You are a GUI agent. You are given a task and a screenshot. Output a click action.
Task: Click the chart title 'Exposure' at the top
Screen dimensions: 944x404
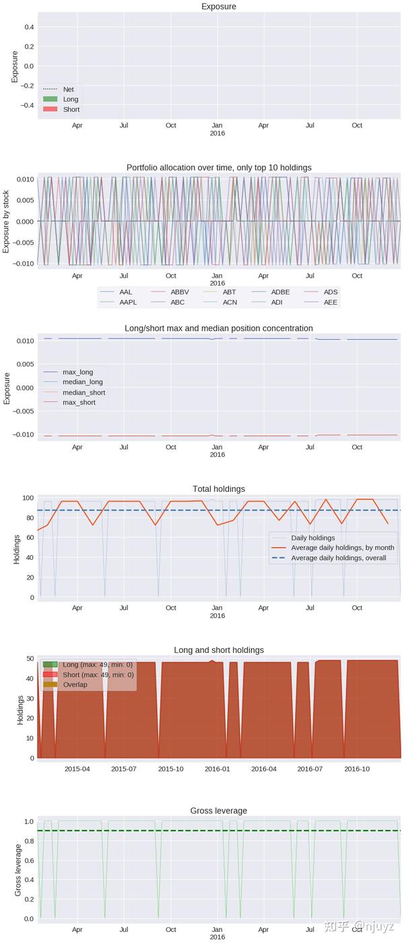pyautogui.click(x=219, y=7)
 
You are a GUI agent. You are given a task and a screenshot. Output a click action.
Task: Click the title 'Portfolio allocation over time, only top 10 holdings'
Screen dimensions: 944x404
pyautogui.click(x=219, y=167)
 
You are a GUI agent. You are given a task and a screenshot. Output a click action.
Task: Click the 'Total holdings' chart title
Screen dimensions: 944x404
pyautogui.click(x=219, y=489)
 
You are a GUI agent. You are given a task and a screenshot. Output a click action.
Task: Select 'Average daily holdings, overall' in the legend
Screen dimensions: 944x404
pyautogui.click(x=339, y=558)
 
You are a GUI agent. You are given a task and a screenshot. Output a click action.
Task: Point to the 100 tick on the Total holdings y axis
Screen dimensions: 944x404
pyautogui.click(x=28, y=498)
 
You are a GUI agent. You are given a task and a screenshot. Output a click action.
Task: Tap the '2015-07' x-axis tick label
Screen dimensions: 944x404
pyautogui.click(x=123, y=769)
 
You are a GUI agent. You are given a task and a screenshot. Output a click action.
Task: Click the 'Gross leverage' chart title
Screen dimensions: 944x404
pyautogui.click(x=219, y=811)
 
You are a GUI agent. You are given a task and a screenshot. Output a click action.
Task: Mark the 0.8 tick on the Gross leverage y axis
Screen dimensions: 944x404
pyautogui.click(x=28, y=841)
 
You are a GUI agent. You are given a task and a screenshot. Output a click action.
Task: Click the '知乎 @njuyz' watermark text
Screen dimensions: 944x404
pyautogui.click(x=358, y=926)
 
